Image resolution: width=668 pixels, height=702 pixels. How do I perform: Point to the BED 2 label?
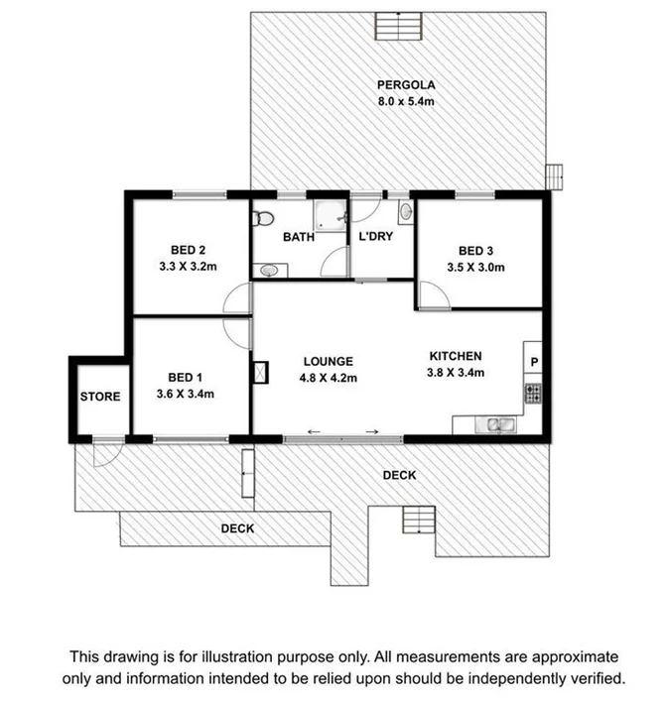[188, 250]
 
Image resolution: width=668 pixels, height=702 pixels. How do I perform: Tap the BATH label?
[299, 237]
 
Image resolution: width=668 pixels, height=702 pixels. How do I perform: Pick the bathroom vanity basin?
[265, 218]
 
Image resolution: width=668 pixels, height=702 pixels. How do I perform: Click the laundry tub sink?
[405, 212]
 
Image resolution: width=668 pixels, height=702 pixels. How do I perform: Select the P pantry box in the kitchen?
[533, 362]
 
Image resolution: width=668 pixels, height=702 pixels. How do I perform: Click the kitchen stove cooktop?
[533, 394]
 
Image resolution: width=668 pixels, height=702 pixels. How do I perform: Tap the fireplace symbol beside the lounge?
[261, 372]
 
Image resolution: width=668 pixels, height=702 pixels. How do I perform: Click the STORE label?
[99, 397]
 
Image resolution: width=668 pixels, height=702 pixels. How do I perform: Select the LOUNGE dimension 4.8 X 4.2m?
[328, 378]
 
